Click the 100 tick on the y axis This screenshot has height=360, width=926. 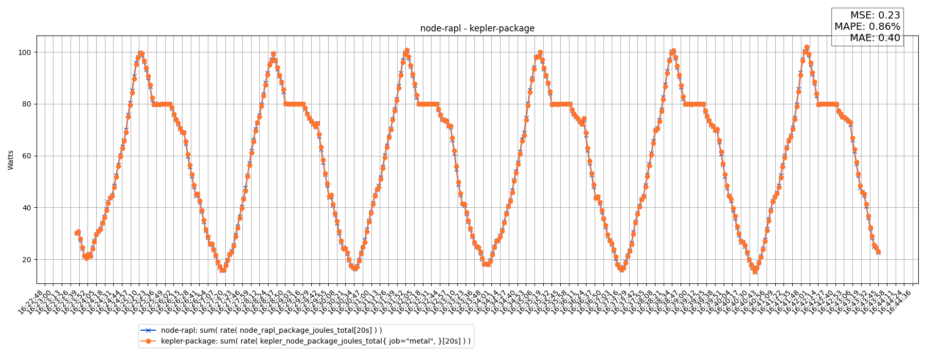pos(25,52)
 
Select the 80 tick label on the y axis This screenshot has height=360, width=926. pos(27,104)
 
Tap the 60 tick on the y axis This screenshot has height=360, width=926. pos(27,156)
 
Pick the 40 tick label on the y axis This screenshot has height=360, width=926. pos(27,208)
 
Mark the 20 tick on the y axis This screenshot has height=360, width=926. pos(27,260)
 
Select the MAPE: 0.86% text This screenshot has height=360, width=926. pos(867,27)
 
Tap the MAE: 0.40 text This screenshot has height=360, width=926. pos(875,38)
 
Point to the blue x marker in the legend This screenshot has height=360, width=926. pos(148,330)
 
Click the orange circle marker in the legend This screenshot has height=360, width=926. pos(148,341)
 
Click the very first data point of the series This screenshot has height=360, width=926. pos(77,233)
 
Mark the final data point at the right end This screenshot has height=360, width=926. pos(878,252)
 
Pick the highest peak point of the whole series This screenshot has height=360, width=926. pos(807,47)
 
